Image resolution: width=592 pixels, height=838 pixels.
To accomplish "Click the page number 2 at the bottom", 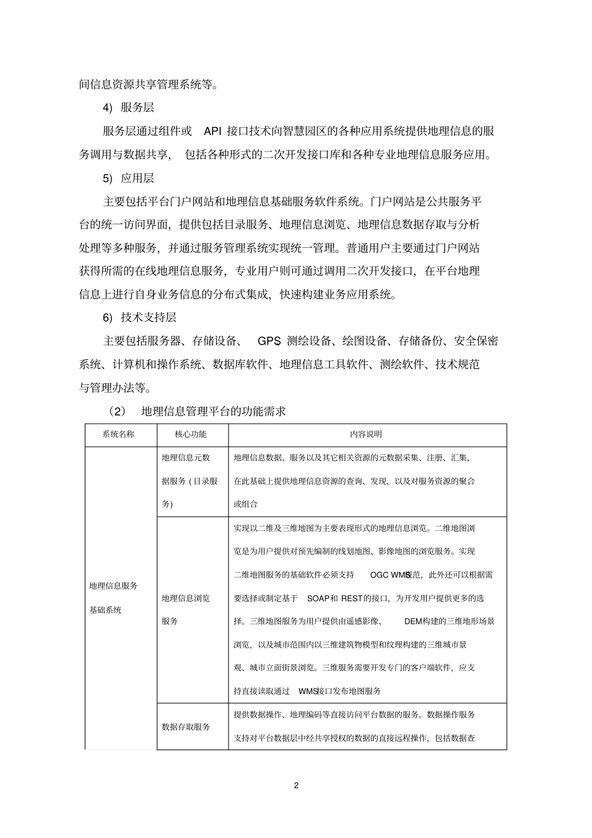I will point(296,786).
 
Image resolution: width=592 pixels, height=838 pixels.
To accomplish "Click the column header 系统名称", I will point(118,434).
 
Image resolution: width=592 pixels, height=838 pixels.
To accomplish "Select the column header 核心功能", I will point(191,434).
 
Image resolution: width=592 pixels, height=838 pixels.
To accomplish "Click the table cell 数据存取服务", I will point(186,726).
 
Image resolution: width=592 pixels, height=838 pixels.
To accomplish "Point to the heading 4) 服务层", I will point(128,107).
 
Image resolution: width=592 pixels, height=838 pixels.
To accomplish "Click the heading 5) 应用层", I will point(128,178).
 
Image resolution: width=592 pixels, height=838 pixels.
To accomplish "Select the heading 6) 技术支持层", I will point(140,317).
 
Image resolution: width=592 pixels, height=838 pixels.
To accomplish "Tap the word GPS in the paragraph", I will point(269,341).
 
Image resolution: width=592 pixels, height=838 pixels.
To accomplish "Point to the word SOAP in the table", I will point(318,598).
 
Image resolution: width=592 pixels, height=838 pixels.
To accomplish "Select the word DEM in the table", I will point(414,621).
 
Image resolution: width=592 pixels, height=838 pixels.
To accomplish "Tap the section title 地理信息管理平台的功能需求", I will point(213,411).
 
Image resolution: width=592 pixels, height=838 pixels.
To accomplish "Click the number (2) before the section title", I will point(117,411).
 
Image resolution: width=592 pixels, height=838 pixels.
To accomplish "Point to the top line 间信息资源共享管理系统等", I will point(149,84).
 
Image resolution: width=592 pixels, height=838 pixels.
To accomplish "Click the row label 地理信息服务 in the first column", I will point(113,586).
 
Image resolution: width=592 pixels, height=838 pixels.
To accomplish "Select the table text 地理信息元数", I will point(186,457).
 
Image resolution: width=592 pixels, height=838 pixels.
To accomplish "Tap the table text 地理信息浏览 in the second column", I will point(186,598).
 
